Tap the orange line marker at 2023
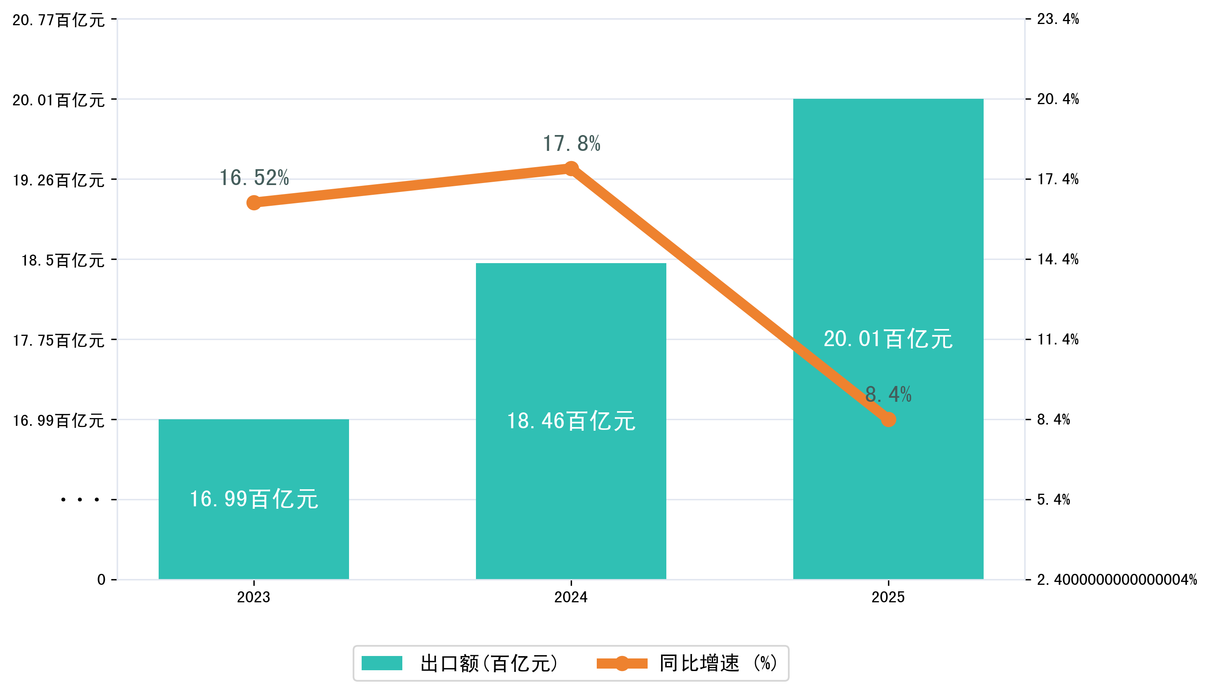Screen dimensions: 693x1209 [254, 203]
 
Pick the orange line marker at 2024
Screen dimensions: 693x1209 [571, 168]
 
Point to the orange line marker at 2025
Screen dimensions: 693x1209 [888, 420]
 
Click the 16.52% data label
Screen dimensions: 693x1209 [254, 178]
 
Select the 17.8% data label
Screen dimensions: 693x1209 [571, 144]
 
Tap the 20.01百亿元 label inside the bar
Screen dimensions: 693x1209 [888, 339]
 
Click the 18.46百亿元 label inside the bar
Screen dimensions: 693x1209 [571, 421]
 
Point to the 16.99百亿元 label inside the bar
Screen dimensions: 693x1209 [254, 499]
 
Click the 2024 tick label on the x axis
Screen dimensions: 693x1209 [571, 597]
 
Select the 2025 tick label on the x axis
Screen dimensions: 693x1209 [888, 597]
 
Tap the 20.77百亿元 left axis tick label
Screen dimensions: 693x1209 [58, 20]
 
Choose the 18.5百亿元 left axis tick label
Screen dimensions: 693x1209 [62, 260]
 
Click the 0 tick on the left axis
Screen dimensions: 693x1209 [101, 580]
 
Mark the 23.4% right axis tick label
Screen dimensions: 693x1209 [1058, 19]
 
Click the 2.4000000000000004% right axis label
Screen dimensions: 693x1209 [1117, 580]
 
